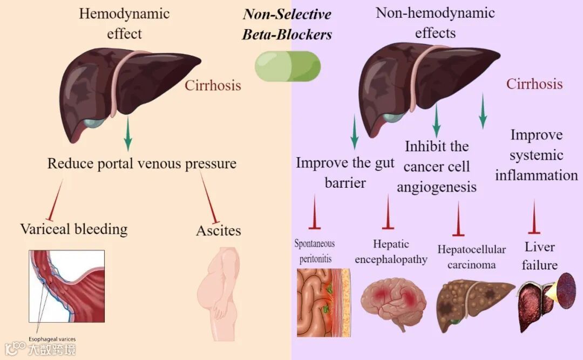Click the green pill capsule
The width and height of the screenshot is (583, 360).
tap(288, 66)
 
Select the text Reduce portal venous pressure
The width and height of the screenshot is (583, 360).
tap(142, 164)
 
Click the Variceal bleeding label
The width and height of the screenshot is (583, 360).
tap(74, 229)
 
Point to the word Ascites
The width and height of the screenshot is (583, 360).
tap(218, 230)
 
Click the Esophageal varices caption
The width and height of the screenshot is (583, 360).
tap(52, 339)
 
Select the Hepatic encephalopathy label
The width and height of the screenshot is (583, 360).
tap(391, 252)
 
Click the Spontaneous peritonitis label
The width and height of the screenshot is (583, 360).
tap(315, 251)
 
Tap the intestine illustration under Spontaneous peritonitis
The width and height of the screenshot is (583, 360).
tap(323, 303)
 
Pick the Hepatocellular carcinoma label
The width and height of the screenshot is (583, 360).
tap(471, 257)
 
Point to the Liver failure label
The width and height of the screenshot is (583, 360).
tap(540, 256)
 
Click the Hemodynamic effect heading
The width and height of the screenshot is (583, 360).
tap(124, 23)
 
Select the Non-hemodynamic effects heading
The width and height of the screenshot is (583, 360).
tap(435, 23)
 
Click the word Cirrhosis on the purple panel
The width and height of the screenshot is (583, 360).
tap(534, 84)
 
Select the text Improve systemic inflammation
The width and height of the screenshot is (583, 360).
tap(536, 155)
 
